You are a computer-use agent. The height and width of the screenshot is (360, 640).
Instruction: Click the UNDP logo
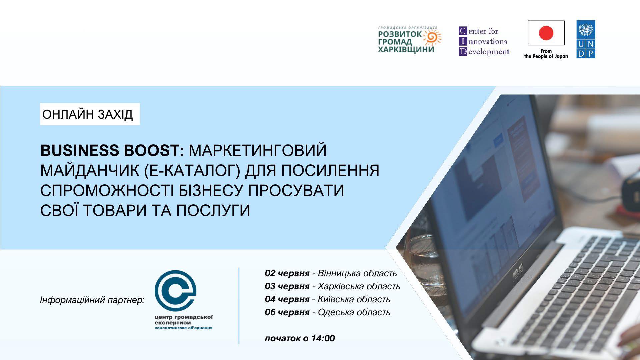(586, 39)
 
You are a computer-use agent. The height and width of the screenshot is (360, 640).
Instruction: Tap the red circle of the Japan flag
(546, 33)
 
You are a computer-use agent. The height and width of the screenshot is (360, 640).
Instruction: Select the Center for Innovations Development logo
(484, 41)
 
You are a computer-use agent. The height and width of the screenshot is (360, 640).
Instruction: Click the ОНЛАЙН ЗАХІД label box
(90, 114)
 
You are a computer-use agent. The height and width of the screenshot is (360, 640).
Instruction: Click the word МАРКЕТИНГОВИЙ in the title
(258, 150)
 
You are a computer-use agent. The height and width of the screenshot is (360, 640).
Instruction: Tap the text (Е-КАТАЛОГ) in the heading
(192, 170)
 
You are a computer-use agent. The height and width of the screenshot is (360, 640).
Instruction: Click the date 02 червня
(287, 274)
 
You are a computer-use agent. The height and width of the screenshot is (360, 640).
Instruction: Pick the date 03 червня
(287, 286)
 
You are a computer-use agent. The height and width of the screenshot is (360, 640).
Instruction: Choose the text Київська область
(354, 299)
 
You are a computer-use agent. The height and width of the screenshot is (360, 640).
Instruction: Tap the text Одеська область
(354, 312)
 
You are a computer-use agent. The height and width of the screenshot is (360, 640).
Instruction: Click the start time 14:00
(323, 338)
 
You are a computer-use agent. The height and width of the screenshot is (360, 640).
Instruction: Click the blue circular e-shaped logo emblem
(175, 290)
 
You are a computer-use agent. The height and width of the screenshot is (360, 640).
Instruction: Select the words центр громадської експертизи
(183, 320)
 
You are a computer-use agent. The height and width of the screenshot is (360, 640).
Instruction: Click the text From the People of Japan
(546, 54)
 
